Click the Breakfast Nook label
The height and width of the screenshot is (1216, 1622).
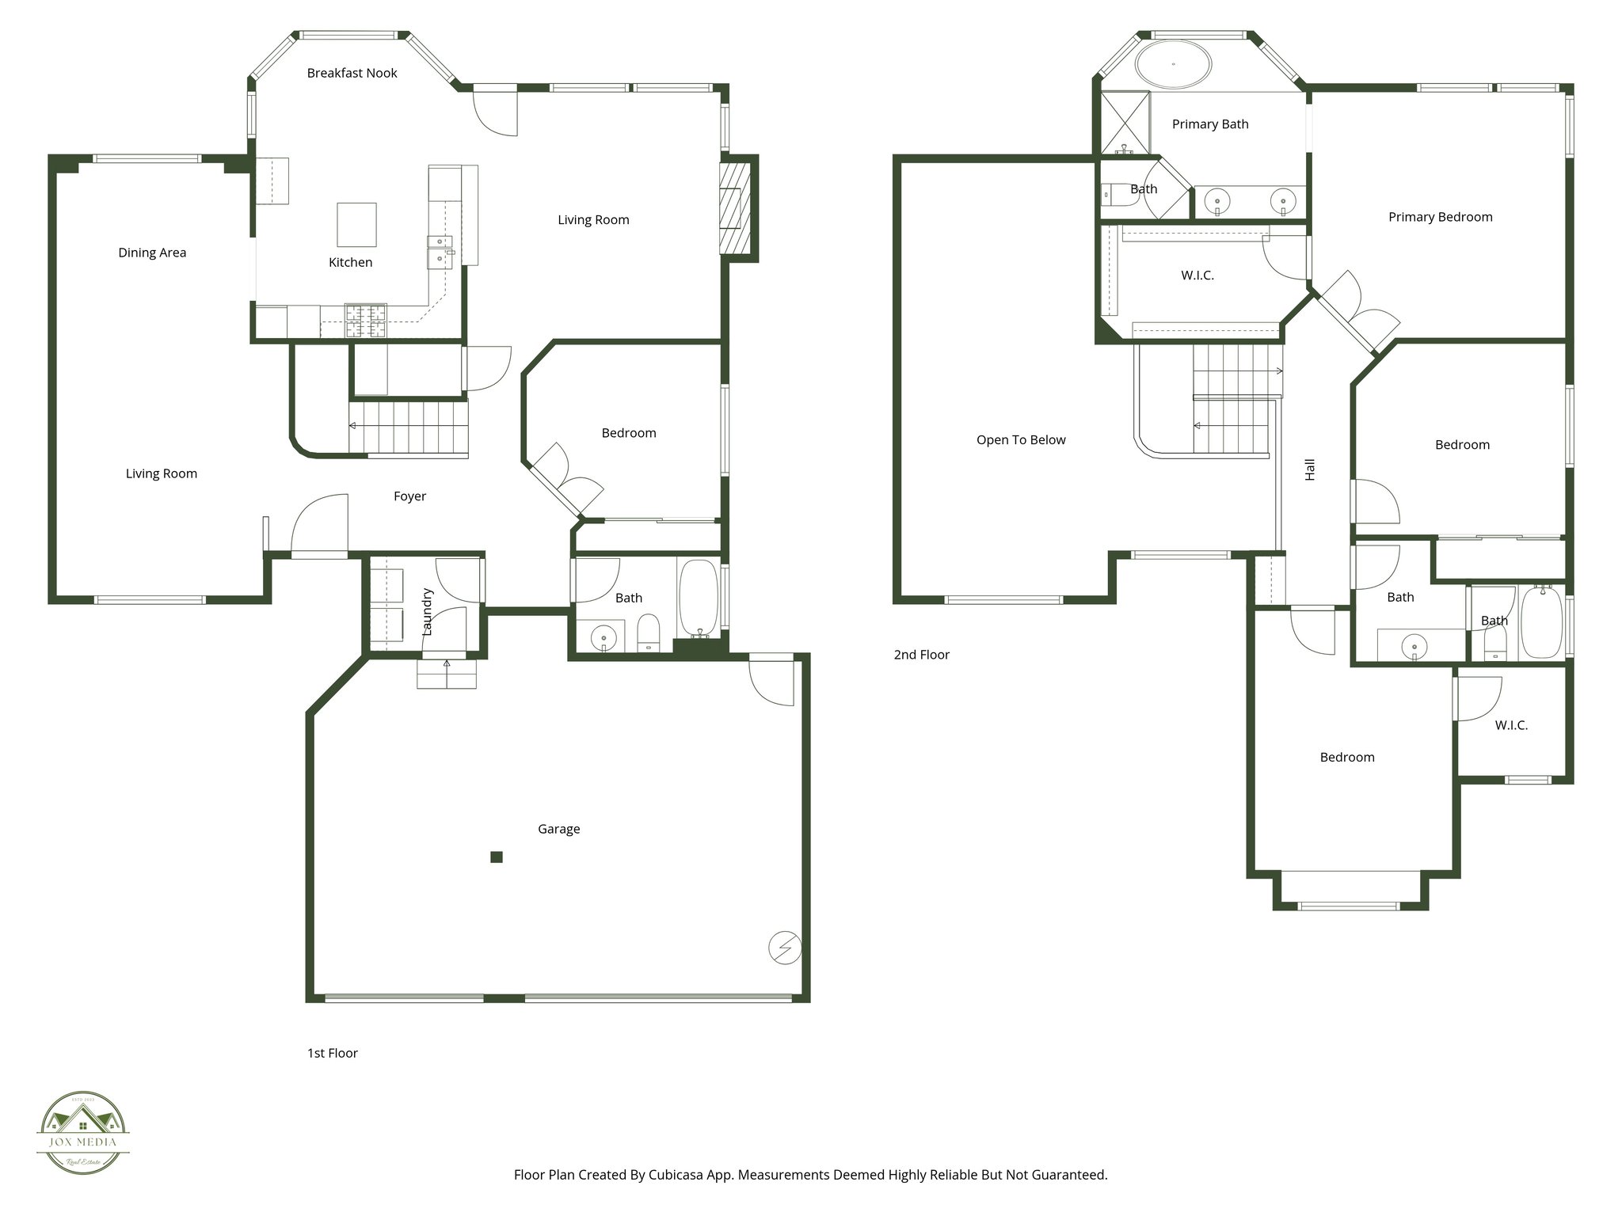(x=352, y=73)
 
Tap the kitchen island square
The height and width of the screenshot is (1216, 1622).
(x=356, y=225)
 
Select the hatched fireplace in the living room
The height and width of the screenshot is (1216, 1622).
(x=735, y=208)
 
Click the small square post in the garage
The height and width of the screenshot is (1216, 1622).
(x=497, y=857)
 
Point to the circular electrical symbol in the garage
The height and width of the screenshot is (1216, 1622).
(x=785, y=948)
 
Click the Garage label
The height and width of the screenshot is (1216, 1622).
(x=558, y=829)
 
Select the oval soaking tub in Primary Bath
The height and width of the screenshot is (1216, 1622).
(x=1173, y=64)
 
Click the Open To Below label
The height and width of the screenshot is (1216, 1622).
(x=1020, y=440)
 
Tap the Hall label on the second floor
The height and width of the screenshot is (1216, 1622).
(x=1310, y=469)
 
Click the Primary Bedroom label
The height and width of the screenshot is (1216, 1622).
(x=1440, y=217)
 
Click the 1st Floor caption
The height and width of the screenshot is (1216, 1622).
(x=333, y=1053)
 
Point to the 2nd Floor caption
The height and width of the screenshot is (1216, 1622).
(x=921, y=655)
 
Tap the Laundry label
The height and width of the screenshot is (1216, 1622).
(x=428, y=612)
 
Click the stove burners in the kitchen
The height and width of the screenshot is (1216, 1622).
(x=366, y=321)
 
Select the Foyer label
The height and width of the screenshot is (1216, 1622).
(x=409, y=496)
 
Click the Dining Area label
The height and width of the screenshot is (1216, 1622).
(x=152, y=253)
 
